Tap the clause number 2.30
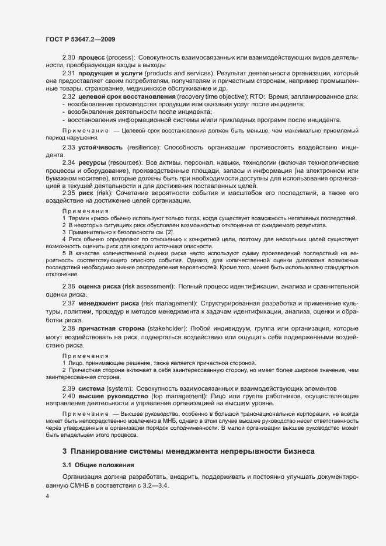(x=69, y=57)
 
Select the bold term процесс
(x=91, y=57)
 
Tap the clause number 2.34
(x=69, y=162)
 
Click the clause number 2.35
(x=69, y=192)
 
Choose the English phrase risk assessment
(x=148, y=286)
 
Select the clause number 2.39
(x=69, y=388)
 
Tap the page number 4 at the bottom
(x=47, y=496)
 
